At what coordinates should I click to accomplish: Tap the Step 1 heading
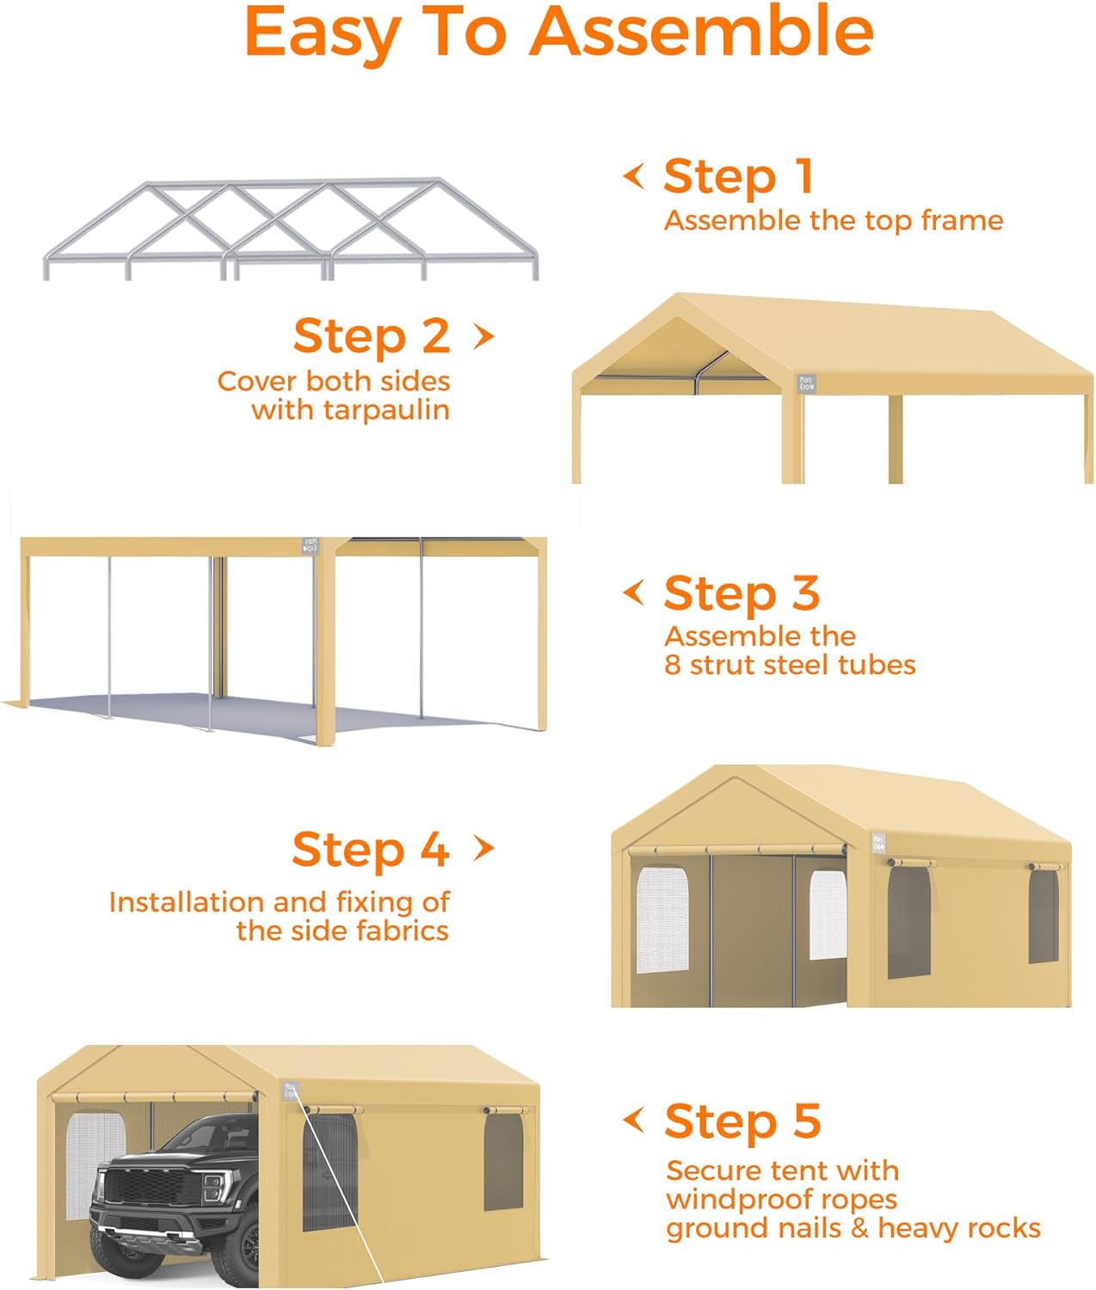[x=738, y=177]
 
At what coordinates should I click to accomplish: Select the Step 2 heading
[x=372, y=336]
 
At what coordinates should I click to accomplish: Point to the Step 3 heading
[x=742, y=593]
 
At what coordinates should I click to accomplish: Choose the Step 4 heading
[x=371, y=850]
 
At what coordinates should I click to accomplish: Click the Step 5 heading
[x=742, y=1121]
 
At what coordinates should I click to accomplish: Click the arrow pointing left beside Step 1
[x=634, y=176]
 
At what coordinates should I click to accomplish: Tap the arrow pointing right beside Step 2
[x=484, y=336]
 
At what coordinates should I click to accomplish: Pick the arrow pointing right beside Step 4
[x=484, y=849]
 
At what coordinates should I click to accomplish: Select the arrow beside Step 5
[x=634, y=1120]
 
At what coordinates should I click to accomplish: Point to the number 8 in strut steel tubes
[x=672, y=665]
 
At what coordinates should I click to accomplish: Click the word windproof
[x=731, y=1200]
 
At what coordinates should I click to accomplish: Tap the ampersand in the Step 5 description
[x=859, y=1228]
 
